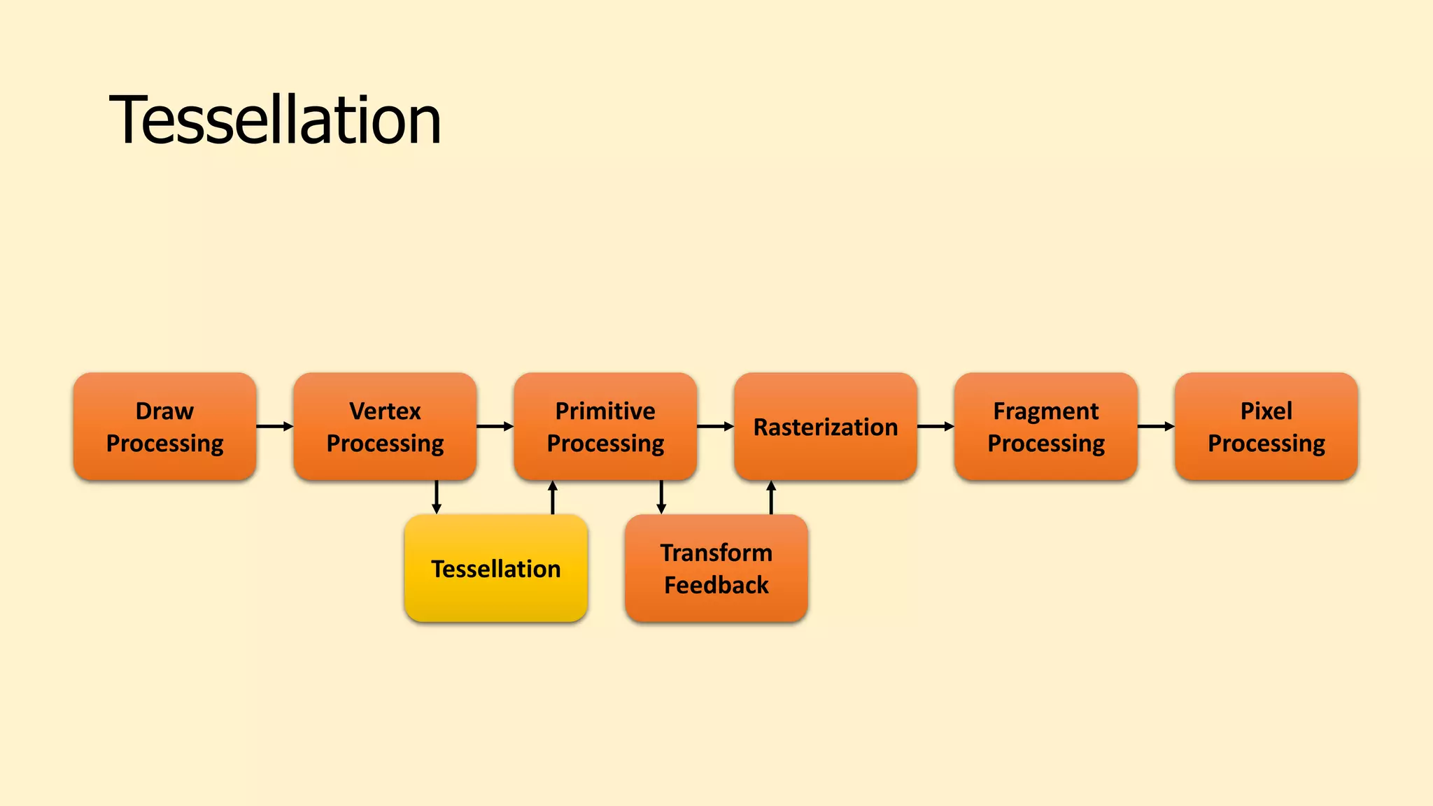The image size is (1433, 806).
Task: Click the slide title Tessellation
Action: coord(275,120)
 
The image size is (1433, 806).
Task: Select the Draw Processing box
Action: coord(164,426)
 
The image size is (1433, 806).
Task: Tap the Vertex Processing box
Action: coord(385,426)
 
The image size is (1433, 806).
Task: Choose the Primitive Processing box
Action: coord(605,426)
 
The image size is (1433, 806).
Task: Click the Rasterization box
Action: coord(826,426)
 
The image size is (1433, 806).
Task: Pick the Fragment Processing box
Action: coord(1046,426)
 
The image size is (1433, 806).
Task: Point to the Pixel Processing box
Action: coord(1266,426)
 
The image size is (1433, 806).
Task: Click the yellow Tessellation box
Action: coord(495,568)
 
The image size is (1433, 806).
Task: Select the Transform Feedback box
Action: coord(716,568)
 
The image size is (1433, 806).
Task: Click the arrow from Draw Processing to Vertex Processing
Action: coord(274,426)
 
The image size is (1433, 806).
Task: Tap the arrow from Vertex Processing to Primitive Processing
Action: coord(495,426)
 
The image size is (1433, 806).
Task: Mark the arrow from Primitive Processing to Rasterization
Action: coord(715,426)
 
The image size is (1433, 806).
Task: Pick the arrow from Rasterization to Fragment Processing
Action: coord(936,426)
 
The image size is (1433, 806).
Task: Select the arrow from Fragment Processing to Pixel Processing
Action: coord(1156,426)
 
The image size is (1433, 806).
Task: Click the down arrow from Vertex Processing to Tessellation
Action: coord(437,497)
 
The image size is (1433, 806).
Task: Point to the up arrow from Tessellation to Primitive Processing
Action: coord(553,497)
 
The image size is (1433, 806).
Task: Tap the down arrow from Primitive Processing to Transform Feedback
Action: coord(661,497)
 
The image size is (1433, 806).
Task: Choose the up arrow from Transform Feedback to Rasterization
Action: coord(771,497)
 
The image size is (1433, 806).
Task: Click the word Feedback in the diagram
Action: coord(716,585)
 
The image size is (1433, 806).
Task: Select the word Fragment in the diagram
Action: coord(1046,411)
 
